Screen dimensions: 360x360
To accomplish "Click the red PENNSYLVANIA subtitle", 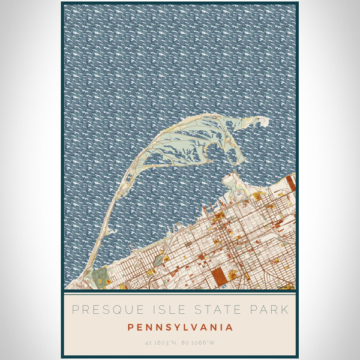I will click(180, 328).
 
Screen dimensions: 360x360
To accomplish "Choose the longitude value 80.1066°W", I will click(199, 343).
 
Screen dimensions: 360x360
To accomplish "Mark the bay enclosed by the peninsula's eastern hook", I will click(220, 153).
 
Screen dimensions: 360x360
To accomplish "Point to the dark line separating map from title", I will click(180, 291).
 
